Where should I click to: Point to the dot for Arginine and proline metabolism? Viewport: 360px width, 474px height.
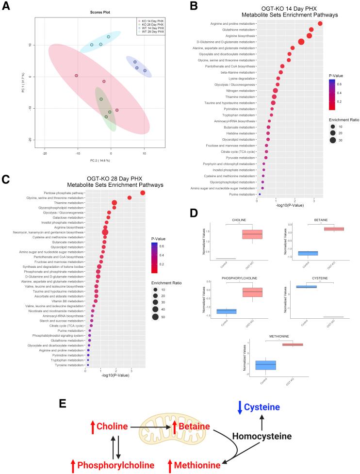(x=320, y=23)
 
